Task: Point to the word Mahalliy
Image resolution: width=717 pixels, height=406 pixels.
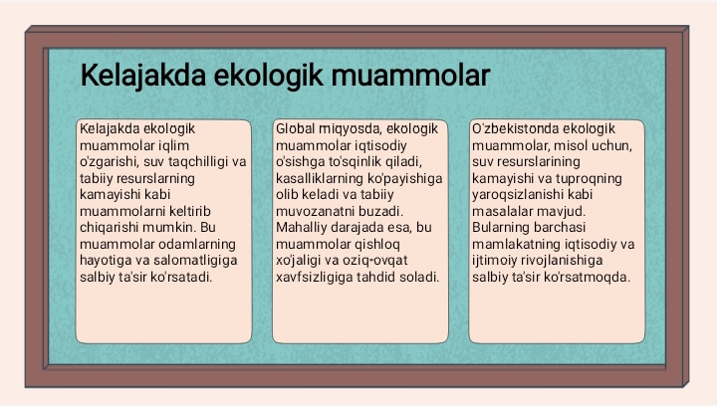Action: [x=302, y=226]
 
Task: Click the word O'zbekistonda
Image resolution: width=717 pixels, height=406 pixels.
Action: [x=514, y=128]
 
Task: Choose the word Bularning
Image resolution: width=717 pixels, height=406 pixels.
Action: [x=503, y=226]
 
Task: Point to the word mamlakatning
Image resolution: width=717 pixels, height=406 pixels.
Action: [x=514, y=243]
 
